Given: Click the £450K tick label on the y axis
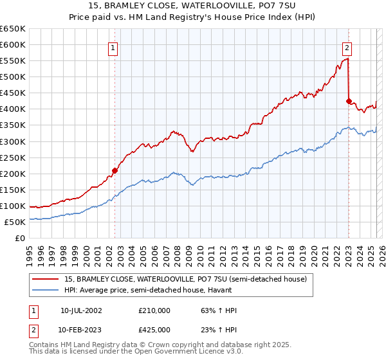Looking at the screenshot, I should coord(13,93).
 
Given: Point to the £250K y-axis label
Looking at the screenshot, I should coord(13,157).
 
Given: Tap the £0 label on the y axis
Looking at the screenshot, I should coord(20,238).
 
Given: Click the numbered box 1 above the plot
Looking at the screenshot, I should coord(113,47).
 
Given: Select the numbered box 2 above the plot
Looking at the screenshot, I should coord(347,47).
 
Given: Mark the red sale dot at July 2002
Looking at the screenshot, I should coord(115,170).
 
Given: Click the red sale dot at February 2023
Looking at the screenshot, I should coord(349,101).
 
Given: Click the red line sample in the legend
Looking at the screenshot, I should coord(46,279).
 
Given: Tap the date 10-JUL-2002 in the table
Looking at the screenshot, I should coord(81,310).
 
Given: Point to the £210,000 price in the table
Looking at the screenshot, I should coord(154,310).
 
